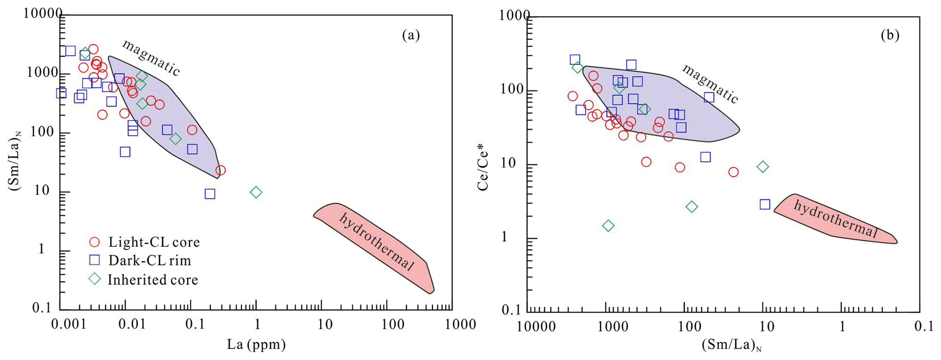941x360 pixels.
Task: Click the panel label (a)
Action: click(411, 35)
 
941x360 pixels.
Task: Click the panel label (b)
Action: click(890, 35)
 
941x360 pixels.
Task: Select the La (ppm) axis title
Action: click(256, 344)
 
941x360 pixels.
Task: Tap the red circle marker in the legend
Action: click(94, 242)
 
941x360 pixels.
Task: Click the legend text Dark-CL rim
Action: click(150, 260)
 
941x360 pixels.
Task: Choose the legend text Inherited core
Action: click(153, 279)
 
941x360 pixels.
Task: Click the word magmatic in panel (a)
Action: click(152, 57)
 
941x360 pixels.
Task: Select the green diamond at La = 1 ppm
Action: click(256, 193)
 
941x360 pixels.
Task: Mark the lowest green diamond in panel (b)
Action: click(608, 226)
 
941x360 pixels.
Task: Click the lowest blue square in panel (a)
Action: click(210, 194)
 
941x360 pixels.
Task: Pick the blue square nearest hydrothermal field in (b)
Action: click(765, 204)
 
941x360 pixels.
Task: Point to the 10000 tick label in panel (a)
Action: click(42, 14)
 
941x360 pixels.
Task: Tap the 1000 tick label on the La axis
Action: click(461, 325)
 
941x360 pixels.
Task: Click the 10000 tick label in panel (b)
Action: click(536, 327)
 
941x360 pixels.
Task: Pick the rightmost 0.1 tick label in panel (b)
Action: click(923, 327)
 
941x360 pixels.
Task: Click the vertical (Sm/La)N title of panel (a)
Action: click(15, 160)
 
